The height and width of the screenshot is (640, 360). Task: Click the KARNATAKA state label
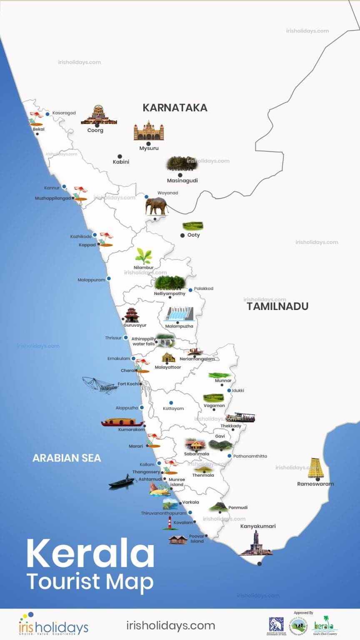pos(175,107)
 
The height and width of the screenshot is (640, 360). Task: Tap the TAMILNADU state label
pos(277,306)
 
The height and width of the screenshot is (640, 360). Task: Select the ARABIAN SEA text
pos(67,458)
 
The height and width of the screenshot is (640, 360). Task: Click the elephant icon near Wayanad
pos(156,206)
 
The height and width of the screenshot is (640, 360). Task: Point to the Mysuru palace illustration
pos(148,131)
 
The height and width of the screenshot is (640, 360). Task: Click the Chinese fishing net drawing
pos(100,385)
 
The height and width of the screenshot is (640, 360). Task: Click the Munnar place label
pos(223,380)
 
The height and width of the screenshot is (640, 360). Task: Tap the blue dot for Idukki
pos(229,390)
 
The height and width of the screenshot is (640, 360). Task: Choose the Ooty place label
pos(193,235)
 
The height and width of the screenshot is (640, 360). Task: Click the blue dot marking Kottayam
pos(171,403)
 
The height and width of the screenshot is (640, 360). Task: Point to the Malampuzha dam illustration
pos(179,314)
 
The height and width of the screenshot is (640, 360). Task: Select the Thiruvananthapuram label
pos(163,513)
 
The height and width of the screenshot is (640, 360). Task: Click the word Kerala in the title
pos(90,553)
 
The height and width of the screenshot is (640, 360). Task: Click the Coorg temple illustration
pos(99,115)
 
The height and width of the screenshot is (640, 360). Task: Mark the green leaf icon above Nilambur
pos(144,256)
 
